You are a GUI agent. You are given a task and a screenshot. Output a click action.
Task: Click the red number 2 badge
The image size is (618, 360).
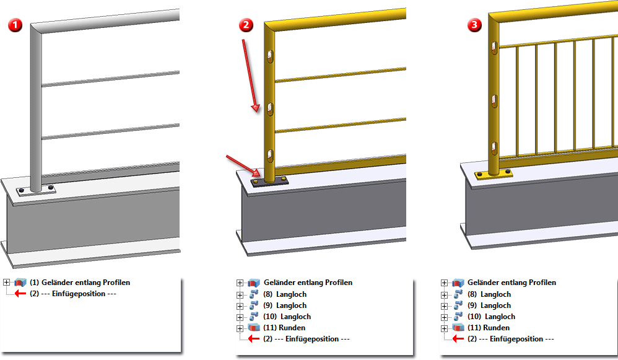247,25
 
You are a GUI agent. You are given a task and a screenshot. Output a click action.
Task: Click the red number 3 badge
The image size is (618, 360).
474,25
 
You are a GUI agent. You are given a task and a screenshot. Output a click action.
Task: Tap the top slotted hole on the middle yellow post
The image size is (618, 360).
270,58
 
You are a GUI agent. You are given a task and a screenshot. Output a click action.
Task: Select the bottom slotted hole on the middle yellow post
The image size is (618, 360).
270,155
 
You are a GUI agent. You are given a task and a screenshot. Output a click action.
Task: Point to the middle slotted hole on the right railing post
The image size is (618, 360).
494,99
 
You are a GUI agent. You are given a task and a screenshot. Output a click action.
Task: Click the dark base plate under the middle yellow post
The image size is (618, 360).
271,180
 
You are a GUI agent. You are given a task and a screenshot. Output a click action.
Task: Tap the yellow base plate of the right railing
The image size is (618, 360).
493,175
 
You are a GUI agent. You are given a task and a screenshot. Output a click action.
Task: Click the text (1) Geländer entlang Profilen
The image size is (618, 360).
80,283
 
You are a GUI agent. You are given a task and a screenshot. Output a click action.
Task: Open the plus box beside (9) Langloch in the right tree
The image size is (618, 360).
444,306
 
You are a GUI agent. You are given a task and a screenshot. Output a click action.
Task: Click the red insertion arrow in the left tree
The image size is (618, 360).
20,294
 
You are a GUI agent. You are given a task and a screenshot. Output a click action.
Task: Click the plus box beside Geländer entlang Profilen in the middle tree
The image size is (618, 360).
240,283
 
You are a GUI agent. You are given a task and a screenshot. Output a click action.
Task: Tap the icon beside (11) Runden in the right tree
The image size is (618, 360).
458,328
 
